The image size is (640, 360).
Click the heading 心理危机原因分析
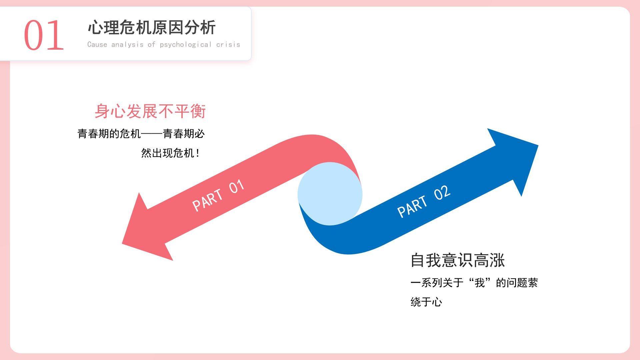(152, 27)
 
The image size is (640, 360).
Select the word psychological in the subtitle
(186, 45)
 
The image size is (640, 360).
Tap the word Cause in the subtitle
(97, 45)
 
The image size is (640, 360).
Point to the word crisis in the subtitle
(228, 45)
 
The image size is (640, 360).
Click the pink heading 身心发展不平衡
(150, 111)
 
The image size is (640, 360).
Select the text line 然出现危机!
(170, 153)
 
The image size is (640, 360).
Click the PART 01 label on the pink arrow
(218, 195)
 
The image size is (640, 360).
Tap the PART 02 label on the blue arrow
(424, 201)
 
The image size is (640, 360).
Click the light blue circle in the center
(330, 194)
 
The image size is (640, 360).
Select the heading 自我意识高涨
(457, 260)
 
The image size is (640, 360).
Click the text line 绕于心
(426, 302)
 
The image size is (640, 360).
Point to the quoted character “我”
(480, 283)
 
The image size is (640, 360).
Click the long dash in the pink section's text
(152, 134)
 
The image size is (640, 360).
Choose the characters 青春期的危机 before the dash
(109, 134)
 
